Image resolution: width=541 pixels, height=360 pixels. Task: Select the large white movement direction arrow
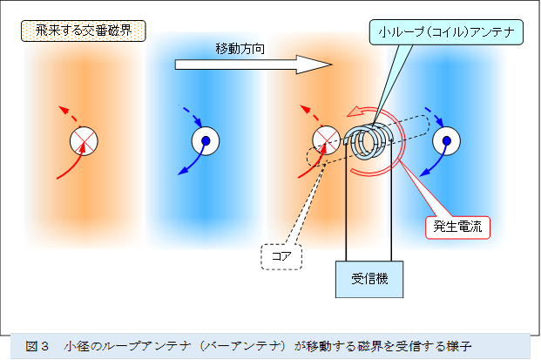coord(253,65)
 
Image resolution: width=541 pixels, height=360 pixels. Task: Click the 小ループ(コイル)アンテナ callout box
coord(447,34)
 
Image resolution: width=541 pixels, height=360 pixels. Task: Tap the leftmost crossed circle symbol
coord(85,139)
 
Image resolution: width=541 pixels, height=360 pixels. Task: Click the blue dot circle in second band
coord(206,140)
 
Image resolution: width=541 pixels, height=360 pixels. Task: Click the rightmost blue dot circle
coord(447,139)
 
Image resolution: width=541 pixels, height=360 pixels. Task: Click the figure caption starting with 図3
coord(261,345)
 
